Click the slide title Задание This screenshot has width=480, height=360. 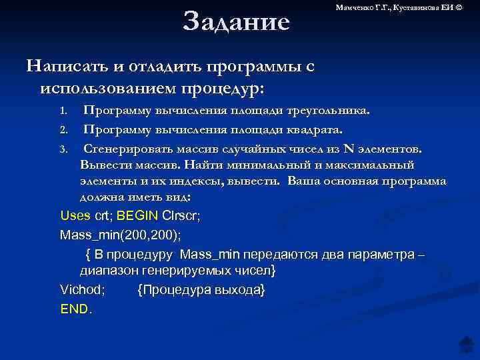point(237,21)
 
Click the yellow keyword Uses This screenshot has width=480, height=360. point(75,216)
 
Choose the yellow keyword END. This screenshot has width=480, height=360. point(77,309)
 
